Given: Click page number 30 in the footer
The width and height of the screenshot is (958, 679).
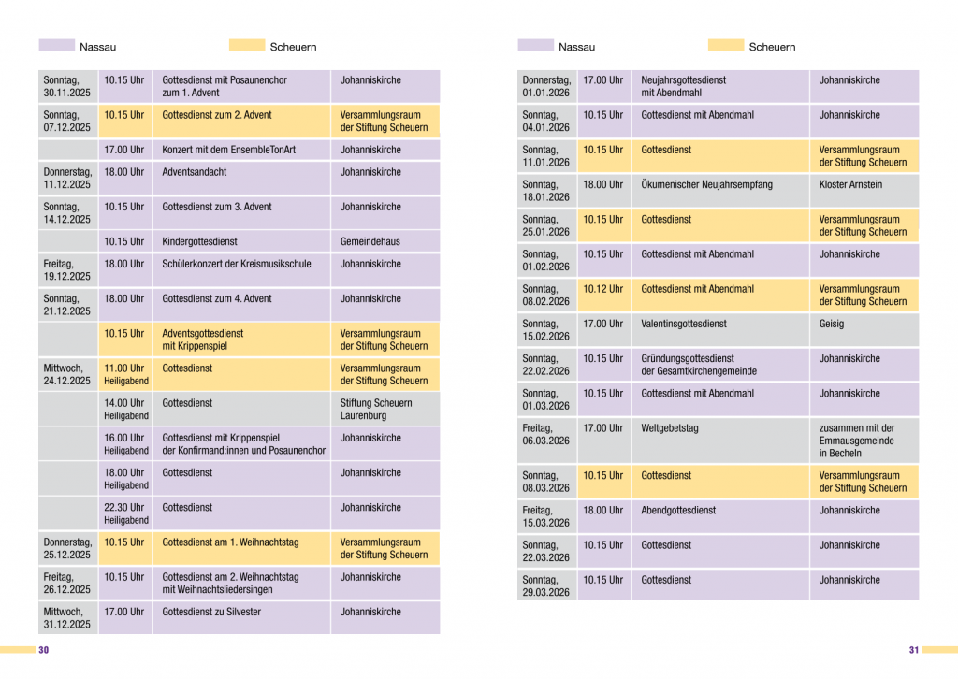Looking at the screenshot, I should click(43, 650).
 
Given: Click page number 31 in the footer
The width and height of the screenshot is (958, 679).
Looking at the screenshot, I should click(914, 650).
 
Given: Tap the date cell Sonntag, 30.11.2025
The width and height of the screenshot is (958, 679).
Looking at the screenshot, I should click(67, 87).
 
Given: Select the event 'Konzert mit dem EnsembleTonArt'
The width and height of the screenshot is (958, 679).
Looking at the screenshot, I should click(228, 150).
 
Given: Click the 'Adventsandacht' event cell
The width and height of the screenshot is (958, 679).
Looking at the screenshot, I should click(195, 172).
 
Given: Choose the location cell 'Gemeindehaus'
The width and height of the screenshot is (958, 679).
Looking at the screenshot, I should click(370, 241).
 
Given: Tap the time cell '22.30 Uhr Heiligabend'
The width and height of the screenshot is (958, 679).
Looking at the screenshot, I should click(125, 513).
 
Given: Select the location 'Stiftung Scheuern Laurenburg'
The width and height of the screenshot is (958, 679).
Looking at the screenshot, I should click(375, 409).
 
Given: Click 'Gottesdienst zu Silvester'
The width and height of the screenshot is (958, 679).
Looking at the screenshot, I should click(211, 612).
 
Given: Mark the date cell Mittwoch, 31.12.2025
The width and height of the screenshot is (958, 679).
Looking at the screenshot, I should click(67, 618).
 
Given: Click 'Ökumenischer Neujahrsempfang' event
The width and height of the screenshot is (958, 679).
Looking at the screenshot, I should click(706, 184).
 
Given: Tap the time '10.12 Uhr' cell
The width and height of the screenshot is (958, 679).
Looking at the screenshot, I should click(602, 289).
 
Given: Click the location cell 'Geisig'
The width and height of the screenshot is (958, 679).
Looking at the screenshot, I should click(832, 324).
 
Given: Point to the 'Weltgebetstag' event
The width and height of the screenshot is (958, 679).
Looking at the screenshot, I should click(670, 428).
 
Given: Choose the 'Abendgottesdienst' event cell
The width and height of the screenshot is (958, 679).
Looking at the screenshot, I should click(678, 510).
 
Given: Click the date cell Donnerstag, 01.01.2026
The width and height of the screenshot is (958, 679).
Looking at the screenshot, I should click(546, 87).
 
